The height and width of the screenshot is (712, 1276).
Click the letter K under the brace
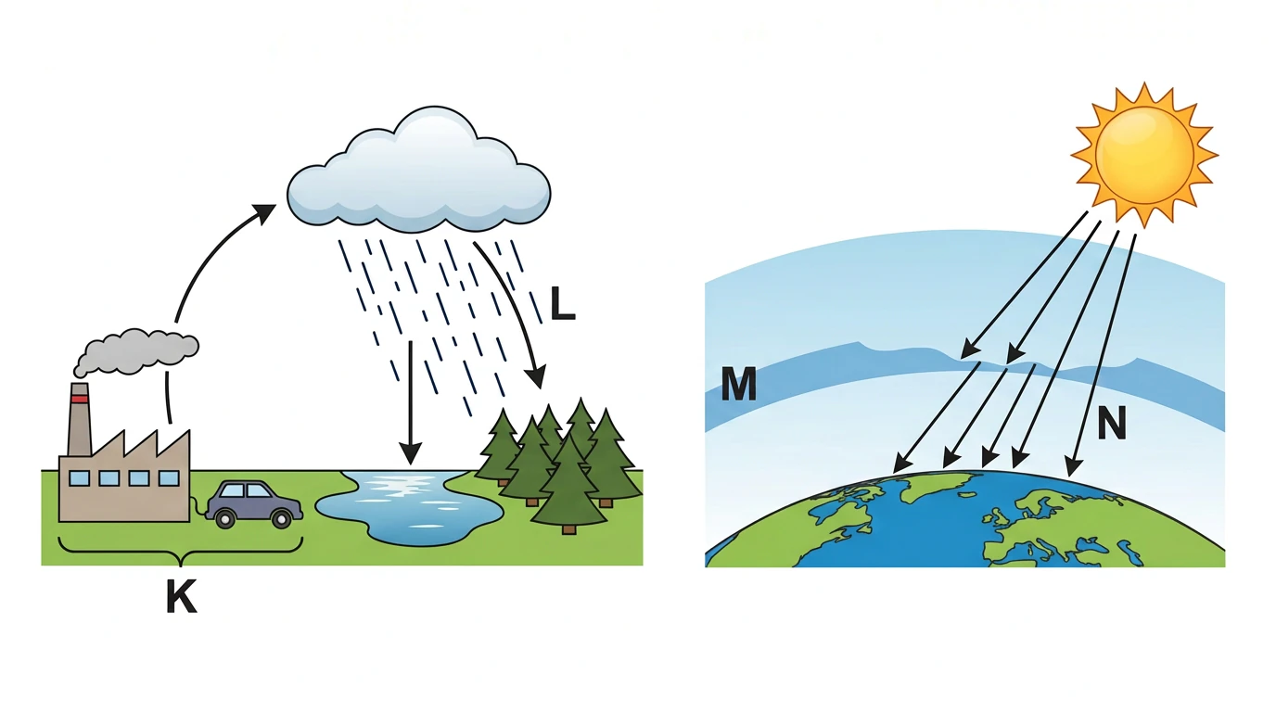[x=181, y=596]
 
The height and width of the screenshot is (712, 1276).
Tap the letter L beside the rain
[x=562, y=303]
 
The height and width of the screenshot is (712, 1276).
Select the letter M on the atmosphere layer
[x=739, y=384]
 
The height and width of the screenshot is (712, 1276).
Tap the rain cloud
[x=419, y=171]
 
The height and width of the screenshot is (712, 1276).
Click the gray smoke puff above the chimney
[x=136, y=350]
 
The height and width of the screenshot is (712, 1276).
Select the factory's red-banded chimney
[x=80, y=419]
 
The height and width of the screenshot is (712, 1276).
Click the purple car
[x=254, y=504]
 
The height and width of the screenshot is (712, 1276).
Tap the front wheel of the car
[x=281, y=518]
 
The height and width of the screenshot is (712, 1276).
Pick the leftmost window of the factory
[x=79, y=477]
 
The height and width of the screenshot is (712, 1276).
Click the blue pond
[x=409, y=508]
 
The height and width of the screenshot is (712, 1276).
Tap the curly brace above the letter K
[x=180, y=552]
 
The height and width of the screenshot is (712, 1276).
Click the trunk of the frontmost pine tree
[x=568, y=528]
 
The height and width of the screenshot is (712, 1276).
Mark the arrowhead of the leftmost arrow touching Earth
[x=901, y=463]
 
